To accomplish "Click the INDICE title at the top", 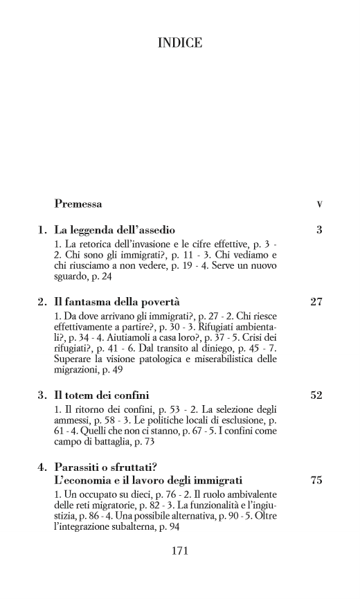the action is (x=180, y=44).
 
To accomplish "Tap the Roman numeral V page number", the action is (x=319, y=205).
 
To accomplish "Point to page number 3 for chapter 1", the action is (x=319, y=229).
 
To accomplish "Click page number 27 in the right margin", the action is (x=316, y=302).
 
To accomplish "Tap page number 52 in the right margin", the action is (x=316, y=395).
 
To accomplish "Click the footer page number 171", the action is (x=180, y=551).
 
